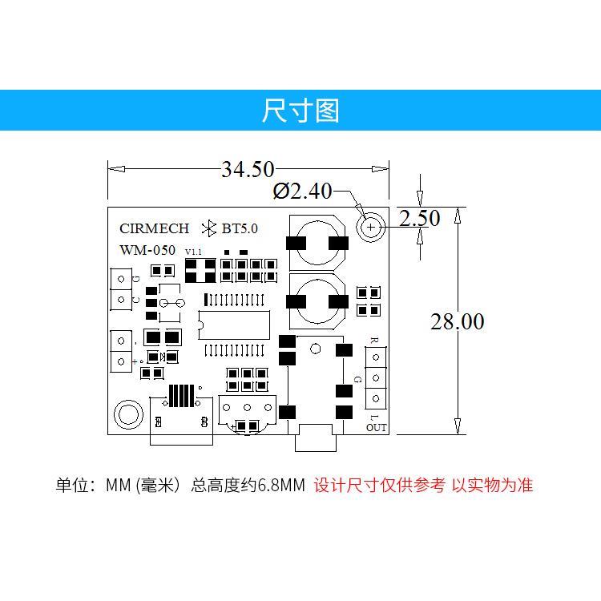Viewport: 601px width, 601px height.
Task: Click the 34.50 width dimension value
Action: point(248,170)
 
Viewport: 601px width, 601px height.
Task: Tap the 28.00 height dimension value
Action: point(457,322)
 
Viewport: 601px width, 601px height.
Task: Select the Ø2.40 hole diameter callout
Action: point(302,192)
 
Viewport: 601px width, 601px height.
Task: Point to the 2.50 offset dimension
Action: point(418,218)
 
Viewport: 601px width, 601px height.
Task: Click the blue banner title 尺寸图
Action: point(300,111)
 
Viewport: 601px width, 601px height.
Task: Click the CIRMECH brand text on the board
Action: point(154,228)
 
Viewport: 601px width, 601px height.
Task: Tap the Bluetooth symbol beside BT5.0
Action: point(210,228)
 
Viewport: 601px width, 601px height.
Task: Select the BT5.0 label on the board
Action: point(240,228)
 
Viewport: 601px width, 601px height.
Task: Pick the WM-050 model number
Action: point(147,250)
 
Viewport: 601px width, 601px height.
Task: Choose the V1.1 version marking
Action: point(193,252)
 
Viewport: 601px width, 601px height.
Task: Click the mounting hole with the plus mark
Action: point(371,228)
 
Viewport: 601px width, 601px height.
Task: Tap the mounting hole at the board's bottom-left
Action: point(127,413)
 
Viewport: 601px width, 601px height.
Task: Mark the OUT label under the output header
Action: point(376,428)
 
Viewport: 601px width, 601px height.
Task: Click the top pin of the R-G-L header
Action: point(375,357)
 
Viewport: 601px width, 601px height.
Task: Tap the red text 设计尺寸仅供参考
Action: point(379,486)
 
